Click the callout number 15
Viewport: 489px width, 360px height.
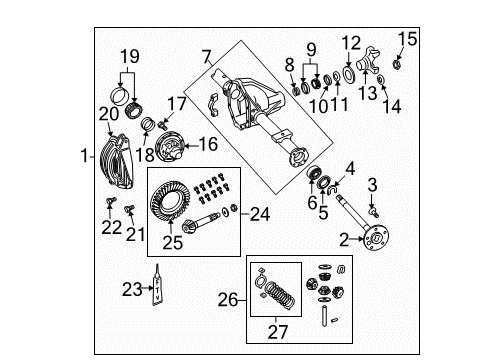404,39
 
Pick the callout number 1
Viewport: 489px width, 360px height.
85,156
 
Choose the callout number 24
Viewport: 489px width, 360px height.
259,212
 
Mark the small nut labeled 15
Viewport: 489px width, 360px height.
397,66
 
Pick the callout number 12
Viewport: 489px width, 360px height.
351,43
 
